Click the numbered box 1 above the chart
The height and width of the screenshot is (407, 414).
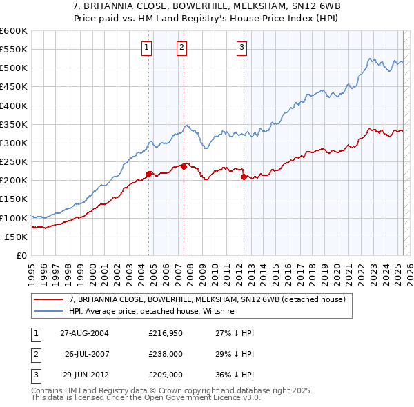click(x=147, y=48)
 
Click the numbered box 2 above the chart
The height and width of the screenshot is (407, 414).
click(x=181, y=48)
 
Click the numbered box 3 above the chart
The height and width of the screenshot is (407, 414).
click(x=242, y=48)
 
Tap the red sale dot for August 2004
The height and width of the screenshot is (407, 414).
click(x=149, y=174)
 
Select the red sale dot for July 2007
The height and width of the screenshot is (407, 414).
click(x=184, y=166)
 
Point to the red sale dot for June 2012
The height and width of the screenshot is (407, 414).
click(x=244, y=177)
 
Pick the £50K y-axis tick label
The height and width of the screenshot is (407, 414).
click(x=17, y=237)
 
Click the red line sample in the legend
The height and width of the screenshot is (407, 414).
click(x=48, y=299)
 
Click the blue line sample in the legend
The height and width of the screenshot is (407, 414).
click(x=48, y=311)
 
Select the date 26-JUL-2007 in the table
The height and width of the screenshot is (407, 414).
click(x=87, y=353)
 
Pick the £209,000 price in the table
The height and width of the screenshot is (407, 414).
click(x=165, y=375)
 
